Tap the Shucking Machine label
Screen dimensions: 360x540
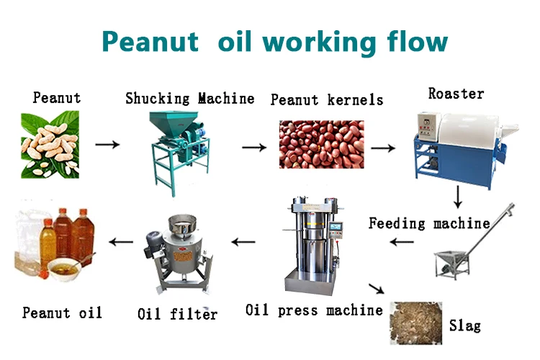tap(189, 99)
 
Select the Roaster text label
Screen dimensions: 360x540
tap(456, 94)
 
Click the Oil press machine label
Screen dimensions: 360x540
tap(314, 310)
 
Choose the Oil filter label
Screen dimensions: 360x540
tap(177, 313)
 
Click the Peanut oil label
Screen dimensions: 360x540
tap(62, 312)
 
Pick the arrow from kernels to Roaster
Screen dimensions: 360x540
tap(382, 148)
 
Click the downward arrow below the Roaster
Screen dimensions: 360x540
tap(458, 197)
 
